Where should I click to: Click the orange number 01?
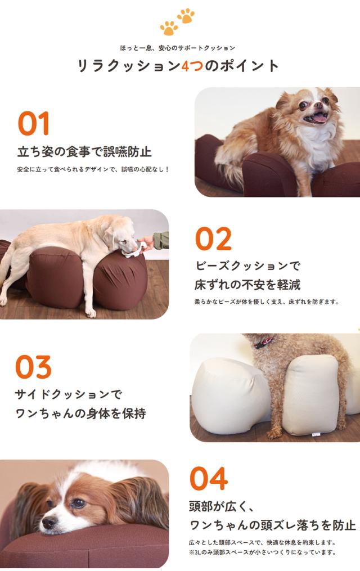coord(34,124)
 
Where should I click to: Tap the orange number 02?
coord(213,239)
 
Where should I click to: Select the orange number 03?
coord(33,367)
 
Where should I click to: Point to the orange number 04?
coord(208,479)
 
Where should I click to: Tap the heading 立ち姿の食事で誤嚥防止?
coord(84,152)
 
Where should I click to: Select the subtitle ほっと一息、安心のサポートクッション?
coord(178,48)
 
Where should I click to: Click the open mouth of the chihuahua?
coord(319,118)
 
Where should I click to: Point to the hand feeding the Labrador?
coord(147,242)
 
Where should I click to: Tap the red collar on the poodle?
coord(264,341)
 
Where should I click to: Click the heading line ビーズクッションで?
coord(248,265)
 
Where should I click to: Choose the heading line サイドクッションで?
coord(68,394)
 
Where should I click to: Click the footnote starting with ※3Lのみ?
coord(262,552)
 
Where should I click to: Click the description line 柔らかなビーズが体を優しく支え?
coord(267,302)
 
